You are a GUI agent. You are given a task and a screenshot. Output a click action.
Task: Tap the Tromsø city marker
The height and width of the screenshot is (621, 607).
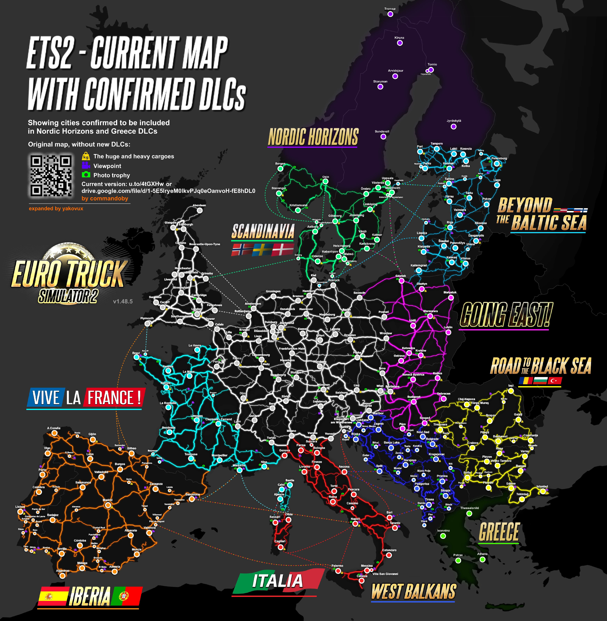[x=390, y=14]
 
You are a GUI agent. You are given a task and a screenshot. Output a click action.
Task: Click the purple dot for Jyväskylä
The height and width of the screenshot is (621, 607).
[x=453, y=127]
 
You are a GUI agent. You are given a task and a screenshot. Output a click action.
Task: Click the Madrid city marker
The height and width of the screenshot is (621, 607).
[x=108, y=505]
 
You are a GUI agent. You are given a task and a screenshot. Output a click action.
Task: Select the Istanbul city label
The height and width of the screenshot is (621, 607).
[x=542, y=486]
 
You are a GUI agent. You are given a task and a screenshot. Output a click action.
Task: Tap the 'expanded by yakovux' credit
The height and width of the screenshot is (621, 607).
[x=56, y=208]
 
